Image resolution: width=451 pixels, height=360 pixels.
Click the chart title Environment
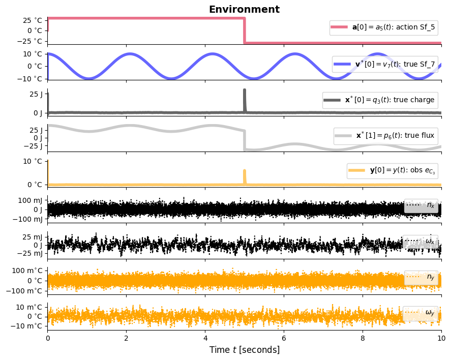[x=244, y=9]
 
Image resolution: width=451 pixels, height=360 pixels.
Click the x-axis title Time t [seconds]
[x=244, y=350]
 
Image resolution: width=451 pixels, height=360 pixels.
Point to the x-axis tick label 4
[x=205, y=338]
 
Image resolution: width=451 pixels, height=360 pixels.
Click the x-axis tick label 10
[x=441, y=338]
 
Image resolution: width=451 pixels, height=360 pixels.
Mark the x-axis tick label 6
[x=284, y=338]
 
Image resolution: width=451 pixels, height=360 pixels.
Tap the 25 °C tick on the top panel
[x=32, y=21]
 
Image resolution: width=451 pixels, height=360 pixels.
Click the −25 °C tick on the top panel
[x=29, y=41]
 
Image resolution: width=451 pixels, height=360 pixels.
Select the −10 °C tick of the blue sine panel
[x=29, y=78]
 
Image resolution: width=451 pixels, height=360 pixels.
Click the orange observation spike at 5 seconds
[x=245, y=176]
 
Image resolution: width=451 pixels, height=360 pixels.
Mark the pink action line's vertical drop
[x=245, y=31]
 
